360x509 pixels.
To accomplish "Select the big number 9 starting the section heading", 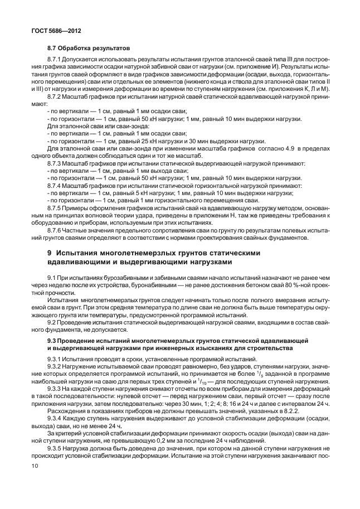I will pos(50,253).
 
